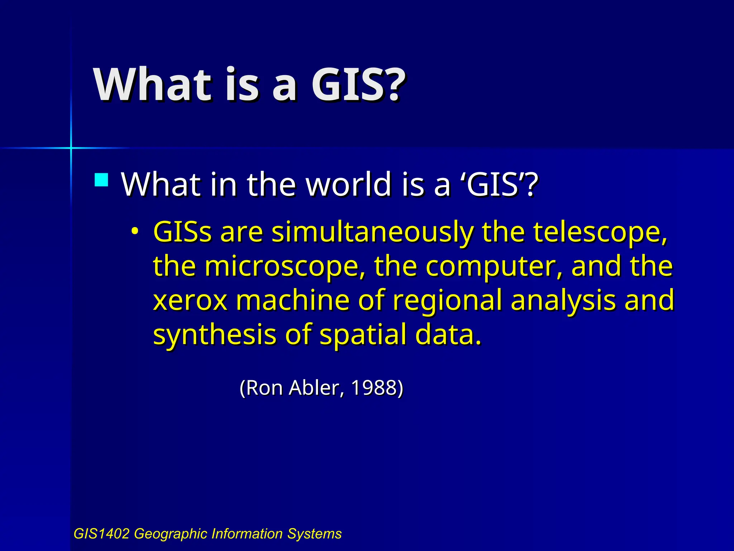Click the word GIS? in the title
coord(358,85)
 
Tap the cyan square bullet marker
coord(101,180)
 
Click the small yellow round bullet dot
coord(134,231)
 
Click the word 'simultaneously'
coord(373,232)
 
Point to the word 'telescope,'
coord(600,232)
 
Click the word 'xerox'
coord(190,300)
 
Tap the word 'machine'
coord(292,300)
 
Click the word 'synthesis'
coord(215,335)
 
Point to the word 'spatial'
coord(363,335)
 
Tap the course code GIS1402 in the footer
coord(101,534)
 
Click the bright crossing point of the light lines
coord(71,147)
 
